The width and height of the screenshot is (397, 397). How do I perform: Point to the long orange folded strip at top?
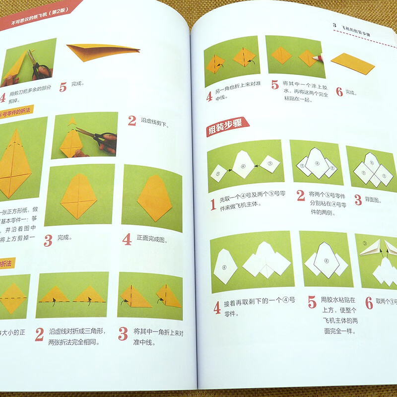click(102, 51)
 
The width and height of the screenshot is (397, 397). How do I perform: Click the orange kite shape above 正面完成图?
click(154, 196)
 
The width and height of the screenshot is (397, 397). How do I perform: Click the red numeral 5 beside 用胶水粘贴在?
click(312, 302)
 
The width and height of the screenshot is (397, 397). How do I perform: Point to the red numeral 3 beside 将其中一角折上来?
click(123, 333)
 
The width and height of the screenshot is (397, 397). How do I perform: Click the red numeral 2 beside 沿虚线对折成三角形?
click(39, 334)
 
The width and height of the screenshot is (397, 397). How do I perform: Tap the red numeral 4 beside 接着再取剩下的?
click(217, 308)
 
